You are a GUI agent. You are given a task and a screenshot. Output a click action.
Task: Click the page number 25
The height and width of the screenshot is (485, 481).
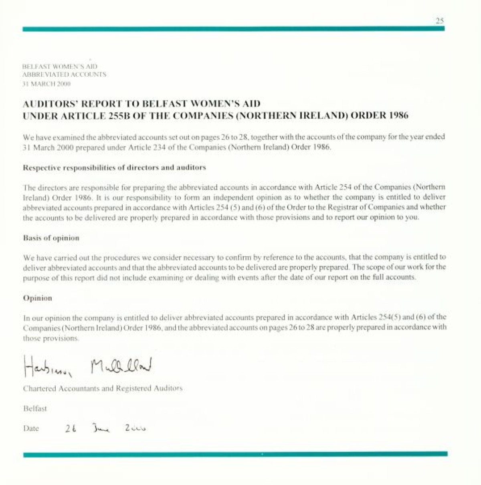pyautogui.click(x=440, y=20)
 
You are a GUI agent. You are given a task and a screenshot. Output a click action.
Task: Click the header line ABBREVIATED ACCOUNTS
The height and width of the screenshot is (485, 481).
pyautogui.click(x=65, y=75)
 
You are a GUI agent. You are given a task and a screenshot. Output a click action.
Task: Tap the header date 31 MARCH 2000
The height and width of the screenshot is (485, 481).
pyautogui.click(x=46, y=84)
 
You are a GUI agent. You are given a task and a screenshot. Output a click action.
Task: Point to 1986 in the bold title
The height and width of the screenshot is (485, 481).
pyautogui.click(x=398, y=116)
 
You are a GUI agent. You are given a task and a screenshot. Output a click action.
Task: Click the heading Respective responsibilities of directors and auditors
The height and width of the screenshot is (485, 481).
pyautogui.click(x=114, y=167)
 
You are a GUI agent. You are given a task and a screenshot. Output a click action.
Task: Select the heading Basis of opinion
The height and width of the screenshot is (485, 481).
pyautogui.click(x=51, y=238)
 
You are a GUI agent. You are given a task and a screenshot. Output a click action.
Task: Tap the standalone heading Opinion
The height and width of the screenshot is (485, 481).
pyautogui.click(x=37, y=298)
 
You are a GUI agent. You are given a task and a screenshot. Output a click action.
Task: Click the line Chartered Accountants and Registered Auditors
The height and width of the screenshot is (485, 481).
pyautogui.click(x=103, y=388)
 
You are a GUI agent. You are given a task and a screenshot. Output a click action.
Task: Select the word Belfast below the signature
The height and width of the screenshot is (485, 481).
pyautogui.click(x=35, y=409)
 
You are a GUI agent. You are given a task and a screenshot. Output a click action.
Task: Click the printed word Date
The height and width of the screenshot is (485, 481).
pyautogui.click(x=31, y=428)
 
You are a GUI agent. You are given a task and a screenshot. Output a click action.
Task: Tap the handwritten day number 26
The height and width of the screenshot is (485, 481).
pyautogui.click(x=71, y=428)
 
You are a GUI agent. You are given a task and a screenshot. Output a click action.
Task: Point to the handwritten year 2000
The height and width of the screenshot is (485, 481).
pyautogui.click(x=135, y=428)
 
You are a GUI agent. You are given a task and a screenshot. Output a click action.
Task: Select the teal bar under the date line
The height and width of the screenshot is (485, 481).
pyautogui.click(x=235, y=454)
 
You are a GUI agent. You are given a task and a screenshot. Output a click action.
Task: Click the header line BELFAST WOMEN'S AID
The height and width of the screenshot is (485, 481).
pyautogui.click(x=60, y=66)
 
